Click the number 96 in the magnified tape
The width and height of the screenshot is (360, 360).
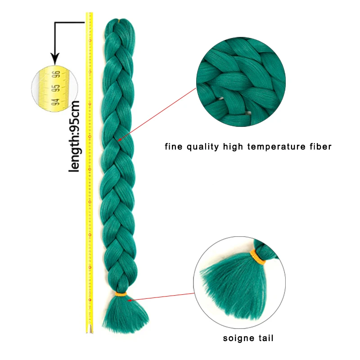(56, 74)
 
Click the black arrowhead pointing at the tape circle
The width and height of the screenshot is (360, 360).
(55, 58)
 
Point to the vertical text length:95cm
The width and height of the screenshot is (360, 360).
(75, 135)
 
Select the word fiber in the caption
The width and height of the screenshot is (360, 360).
(319, 146)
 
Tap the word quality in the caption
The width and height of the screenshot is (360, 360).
(200, 146)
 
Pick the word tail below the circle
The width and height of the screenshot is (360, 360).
(265, 337)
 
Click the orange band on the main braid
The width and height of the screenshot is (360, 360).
(120, 294)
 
